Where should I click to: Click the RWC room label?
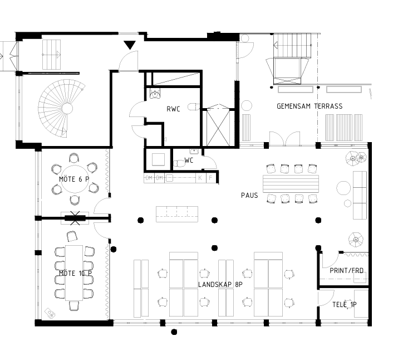pos(173,109)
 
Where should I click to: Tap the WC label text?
pos(189,160)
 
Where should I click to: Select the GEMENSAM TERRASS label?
pos(310,106)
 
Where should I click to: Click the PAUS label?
pos(249,196)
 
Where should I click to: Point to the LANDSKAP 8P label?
pos(220,284)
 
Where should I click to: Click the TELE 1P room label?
pos(345,305)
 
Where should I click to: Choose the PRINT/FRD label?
pos(346,271)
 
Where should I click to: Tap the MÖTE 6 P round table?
pos(75,179)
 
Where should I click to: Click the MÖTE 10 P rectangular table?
pos(74,273)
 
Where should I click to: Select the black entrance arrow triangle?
pos(130,45)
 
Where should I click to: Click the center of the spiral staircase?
pos(67,109)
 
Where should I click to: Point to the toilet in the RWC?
pos(194,106)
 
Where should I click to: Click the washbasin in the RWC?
pos(155,94)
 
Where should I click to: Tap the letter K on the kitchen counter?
pos(200,178)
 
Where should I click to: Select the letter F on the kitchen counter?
pos(210,178)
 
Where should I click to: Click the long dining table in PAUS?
pos(291,184)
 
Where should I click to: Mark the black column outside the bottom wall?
pos(174,332)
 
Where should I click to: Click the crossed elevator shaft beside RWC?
pos(218,128)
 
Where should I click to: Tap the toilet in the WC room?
pos(179,164)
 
